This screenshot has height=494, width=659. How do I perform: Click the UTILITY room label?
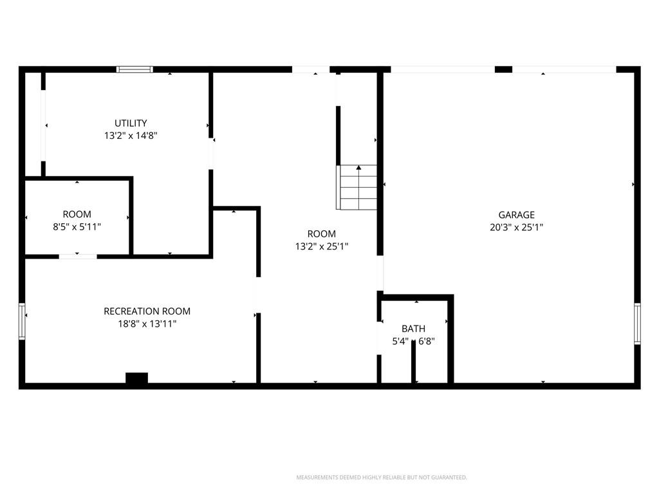point(131,123)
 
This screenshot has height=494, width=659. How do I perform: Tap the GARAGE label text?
point(517,215)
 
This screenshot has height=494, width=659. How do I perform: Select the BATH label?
point(414,329)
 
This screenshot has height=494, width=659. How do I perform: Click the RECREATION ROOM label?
point(147,311)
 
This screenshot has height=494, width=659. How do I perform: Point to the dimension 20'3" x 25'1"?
point(517,227)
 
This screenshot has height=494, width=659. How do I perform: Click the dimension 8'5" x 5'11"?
point(77,227)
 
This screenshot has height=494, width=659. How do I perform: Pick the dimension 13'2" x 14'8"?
point(131,136)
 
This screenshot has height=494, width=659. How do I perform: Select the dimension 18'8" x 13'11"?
point(147,324)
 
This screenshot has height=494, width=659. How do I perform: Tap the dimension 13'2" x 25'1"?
point(322,246)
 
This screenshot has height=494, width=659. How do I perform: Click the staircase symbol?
point(357,187)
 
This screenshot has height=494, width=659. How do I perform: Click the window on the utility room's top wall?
point(135,69)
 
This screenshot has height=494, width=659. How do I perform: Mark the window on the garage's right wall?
point(637,324)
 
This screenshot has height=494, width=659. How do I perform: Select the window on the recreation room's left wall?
point(22,322)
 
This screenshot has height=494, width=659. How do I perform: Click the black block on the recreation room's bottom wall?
point(136,378)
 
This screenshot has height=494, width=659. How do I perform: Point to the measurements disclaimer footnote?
point(382,477)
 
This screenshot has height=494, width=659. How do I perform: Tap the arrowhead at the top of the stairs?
point(358,168)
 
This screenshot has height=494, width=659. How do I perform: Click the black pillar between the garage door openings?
point(503,69)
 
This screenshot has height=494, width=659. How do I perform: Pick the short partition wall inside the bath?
point(414,361)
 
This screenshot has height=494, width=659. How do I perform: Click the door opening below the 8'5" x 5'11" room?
point(78,256)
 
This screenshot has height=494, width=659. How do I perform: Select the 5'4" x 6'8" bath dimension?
point(414,341)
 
